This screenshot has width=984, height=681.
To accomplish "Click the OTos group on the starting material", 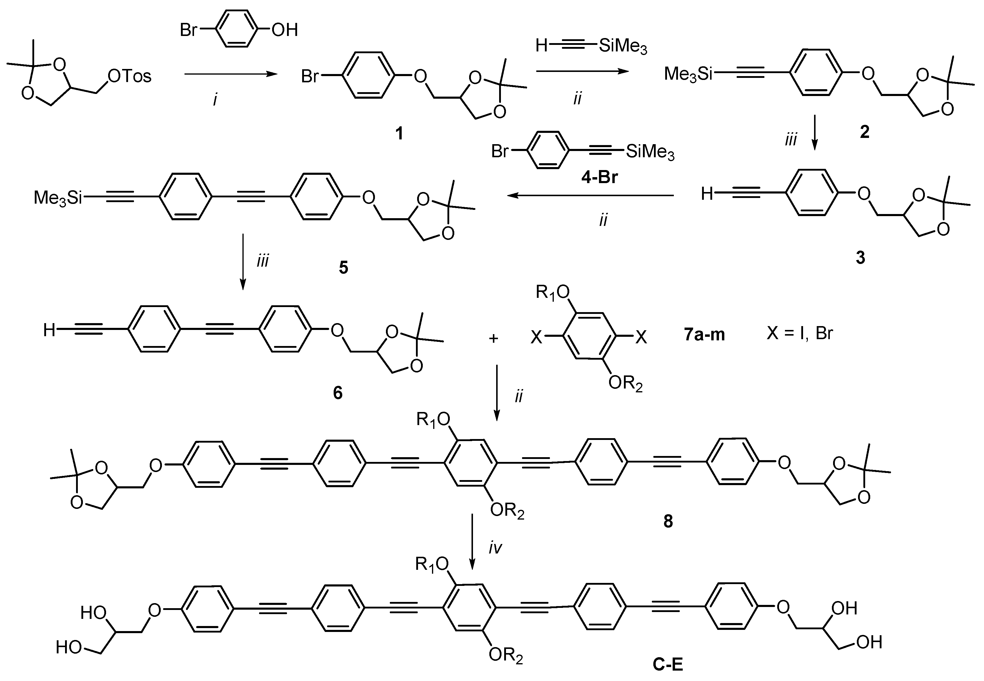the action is tap(129, 76).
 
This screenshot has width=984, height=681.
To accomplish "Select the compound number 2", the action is tap(864, 132).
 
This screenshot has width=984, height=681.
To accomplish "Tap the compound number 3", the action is tap(860, 257).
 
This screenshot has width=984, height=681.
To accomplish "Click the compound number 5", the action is tap(343, 268).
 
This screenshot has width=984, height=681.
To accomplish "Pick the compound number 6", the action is tap(338, 393).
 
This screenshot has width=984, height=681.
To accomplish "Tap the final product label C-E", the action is tap(668, 664).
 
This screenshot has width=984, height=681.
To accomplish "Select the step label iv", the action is tap(495, 548).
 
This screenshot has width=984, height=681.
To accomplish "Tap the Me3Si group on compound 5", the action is tap(58, 198).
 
